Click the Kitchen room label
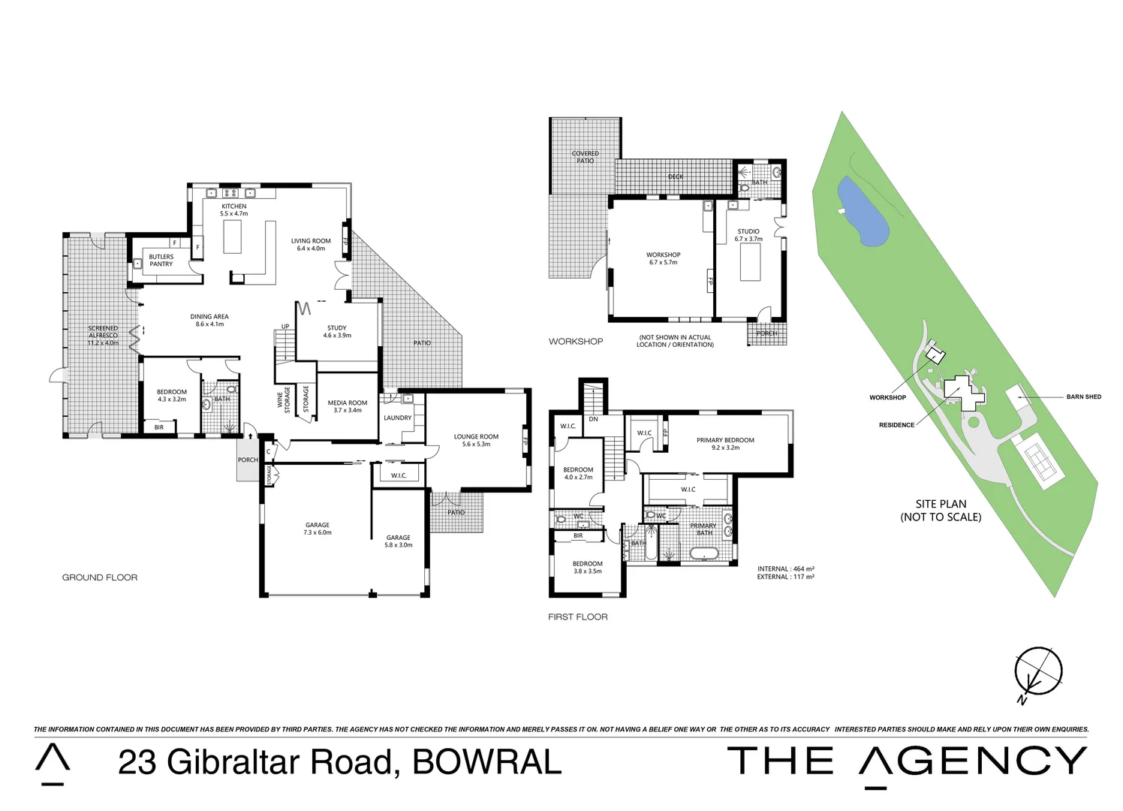(233, 210)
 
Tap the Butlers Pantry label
(161, 261)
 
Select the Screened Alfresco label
(103, 335)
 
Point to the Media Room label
(348, 406)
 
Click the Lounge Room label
(476, 440)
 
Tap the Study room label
(337, 331)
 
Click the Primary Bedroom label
(725, 444)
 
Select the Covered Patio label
(585, 157)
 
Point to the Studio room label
(748, 235)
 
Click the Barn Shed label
(1083, 396)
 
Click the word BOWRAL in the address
(486, 761)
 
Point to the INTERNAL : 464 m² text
(786, 568)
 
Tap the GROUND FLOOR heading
(100, 577)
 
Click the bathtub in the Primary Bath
(703, 554)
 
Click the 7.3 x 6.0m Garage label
(318, 529)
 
